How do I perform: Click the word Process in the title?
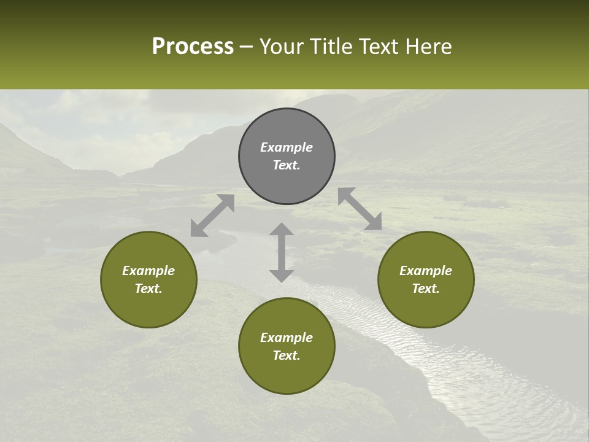click(193, 47)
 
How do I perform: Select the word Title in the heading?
click(332, 47)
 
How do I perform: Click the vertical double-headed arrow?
click(282, 252)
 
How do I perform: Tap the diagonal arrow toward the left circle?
click(212, 215)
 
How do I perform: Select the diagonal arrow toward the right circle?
click(360, 209)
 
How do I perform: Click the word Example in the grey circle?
click(287, 147)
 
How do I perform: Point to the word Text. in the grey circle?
click(287, 165)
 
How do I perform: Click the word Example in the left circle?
click(148, 271)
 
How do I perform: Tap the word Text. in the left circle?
click(148, 289)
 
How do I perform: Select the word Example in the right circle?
click(426, 271)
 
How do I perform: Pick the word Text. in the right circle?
click(426, 289)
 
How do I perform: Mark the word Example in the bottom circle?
click(287, 338)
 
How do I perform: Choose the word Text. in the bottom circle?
click(287, 355)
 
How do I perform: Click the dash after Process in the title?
click(247, 47)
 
